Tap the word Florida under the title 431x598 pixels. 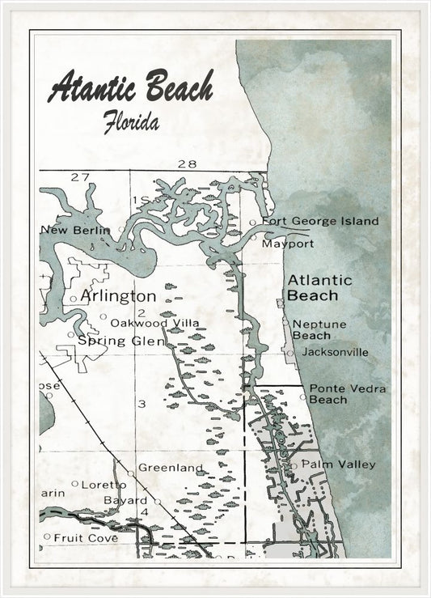pyautogui.click(x=130, y=122)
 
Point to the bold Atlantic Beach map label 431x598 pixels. pyautogui.click(x=320, y=287)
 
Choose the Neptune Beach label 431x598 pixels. pyautogui.click(x=319, y=329)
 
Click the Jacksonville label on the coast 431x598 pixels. pyautogui.click(x=334, y=352)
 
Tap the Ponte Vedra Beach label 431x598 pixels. pyautogui.click(x=347, y=394)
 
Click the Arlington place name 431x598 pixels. pyautogui.click(x=118, y=296)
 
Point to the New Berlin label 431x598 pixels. pyautogui.click(x=76, y=230)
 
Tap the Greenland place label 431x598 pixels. pyautogui.click(x=170, y=467)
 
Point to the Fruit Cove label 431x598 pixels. pyautogui.click(x=86, y=537)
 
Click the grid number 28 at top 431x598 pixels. pyautogui.click(x=187, y=164)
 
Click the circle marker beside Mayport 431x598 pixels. pyautogui.click(x=253, y=239)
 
